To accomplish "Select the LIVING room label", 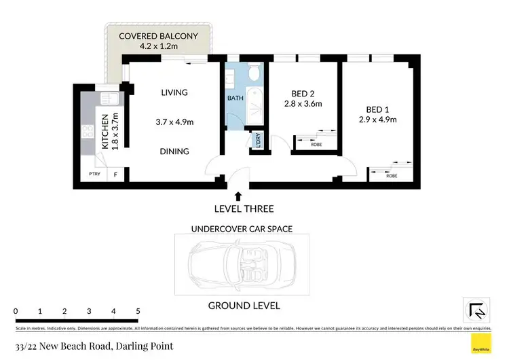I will pos(174,92).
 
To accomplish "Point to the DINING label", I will pos(174,151).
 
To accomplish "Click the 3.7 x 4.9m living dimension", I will pos(174,122).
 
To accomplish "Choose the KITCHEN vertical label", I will pos(105,130).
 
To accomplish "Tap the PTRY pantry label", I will pos(94,175).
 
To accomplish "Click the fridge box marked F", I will pos(115,175).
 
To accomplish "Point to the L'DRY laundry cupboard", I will pos(258,141).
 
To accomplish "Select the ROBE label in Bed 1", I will pos(392,176).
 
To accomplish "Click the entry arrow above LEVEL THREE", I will pos(238,196).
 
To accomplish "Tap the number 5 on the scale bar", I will pos(138,311).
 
